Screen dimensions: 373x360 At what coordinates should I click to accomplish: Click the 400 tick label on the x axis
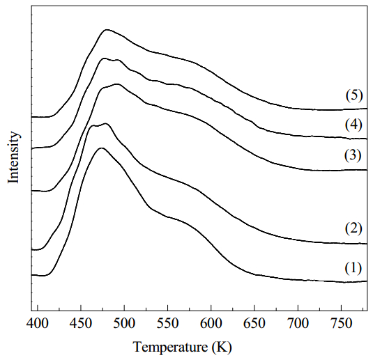[x=38, y=324]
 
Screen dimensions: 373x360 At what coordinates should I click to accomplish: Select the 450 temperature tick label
[x=81, y=324]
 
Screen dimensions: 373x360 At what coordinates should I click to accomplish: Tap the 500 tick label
[x=124, y=324]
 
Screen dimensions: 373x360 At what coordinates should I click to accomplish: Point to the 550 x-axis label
[x=168, y=324]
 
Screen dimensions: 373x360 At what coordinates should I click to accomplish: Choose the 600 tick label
[x=211, y=324]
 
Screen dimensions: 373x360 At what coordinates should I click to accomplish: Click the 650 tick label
[x=254, y=324]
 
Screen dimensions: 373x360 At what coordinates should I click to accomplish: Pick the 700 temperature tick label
[x=298, y=324]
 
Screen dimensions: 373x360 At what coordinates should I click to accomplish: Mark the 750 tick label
[x=341, y=324]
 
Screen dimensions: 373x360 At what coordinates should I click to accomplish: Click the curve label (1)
[x=353, y=268]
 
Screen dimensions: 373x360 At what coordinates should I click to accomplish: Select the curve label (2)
[x=353, y=228]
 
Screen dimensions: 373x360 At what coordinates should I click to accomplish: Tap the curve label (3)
[x=353, y=155]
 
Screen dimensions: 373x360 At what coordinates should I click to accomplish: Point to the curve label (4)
[x=353, y=125]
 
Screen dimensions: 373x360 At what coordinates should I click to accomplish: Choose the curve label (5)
[x=354, y=95]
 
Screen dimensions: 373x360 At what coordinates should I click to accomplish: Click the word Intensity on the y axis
[x=13, y=157]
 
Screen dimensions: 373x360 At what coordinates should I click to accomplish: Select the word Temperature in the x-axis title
[x=170, y=347]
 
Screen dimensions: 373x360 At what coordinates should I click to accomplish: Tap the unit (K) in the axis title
[x=222, y=347]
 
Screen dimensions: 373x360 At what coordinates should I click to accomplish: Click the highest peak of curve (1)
[x=102, y=148]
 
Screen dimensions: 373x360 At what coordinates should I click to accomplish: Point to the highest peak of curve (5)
[x=107, y=30]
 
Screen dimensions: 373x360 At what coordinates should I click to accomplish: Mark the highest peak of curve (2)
[x=105, y=123]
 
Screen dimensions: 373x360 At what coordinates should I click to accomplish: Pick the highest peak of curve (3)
[x=117, y=84]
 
